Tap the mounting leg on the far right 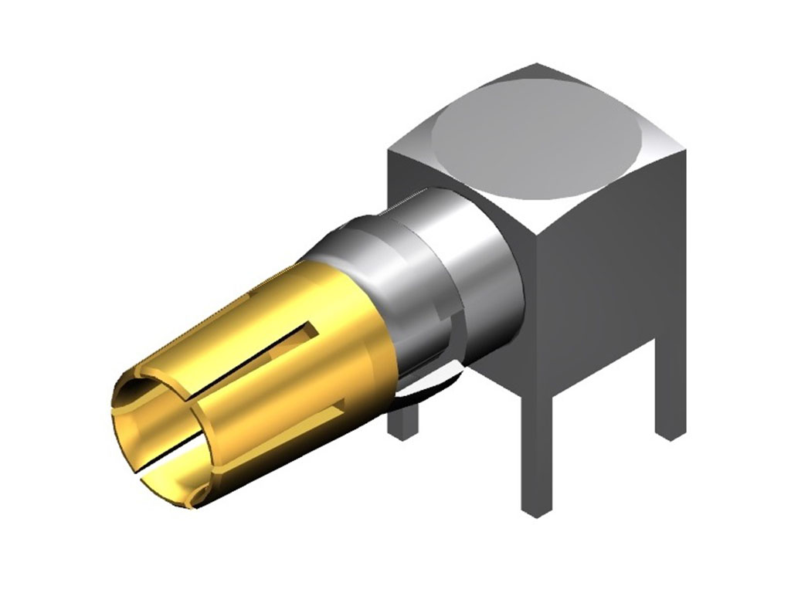[x=670, y=402]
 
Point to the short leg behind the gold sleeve [x=404, y=421]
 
